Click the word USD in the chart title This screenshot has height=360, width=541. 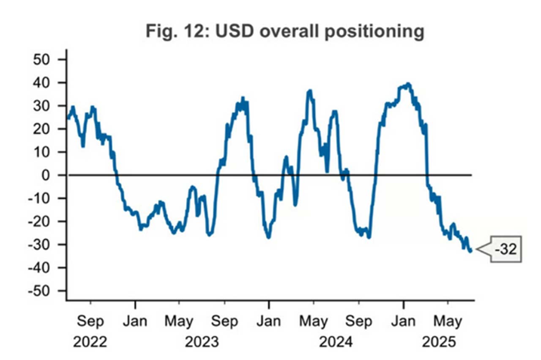(x=234, y=31)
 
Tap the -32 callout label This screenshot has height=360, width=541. (x=506, y=249)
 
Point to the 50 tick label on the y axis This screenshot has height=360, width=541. (x=41, y=60)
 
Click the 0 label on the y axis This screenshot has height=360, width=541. (x=46, y=175)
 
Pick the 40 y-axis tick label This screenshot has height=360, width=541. (x=41, y=82)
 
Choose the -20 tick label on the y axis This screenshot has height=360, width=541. (x=39, y=221)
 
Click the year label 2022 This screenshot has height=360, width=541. (x=90, y=342)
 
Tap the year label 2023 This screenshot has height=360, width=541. (x=202, y=342)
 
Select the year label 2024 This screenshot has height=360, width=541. (x=336, y=342)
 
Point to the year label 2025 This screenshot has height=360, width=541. (x=439, y=342)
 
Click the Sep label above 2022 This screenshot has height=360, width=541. (x=90, y=322)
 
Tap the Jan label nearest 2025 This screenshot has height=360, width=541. (x=403, y=322)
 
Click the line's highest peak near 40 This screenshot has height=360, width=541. (x=408, y=84)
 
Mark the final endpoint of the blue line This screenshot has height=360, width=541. (x=471, y=251)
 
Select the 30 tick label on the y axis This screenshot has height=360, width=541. (x=41, y=106)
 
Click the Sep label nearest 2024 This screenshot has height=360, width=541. (x=359, y=322)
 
